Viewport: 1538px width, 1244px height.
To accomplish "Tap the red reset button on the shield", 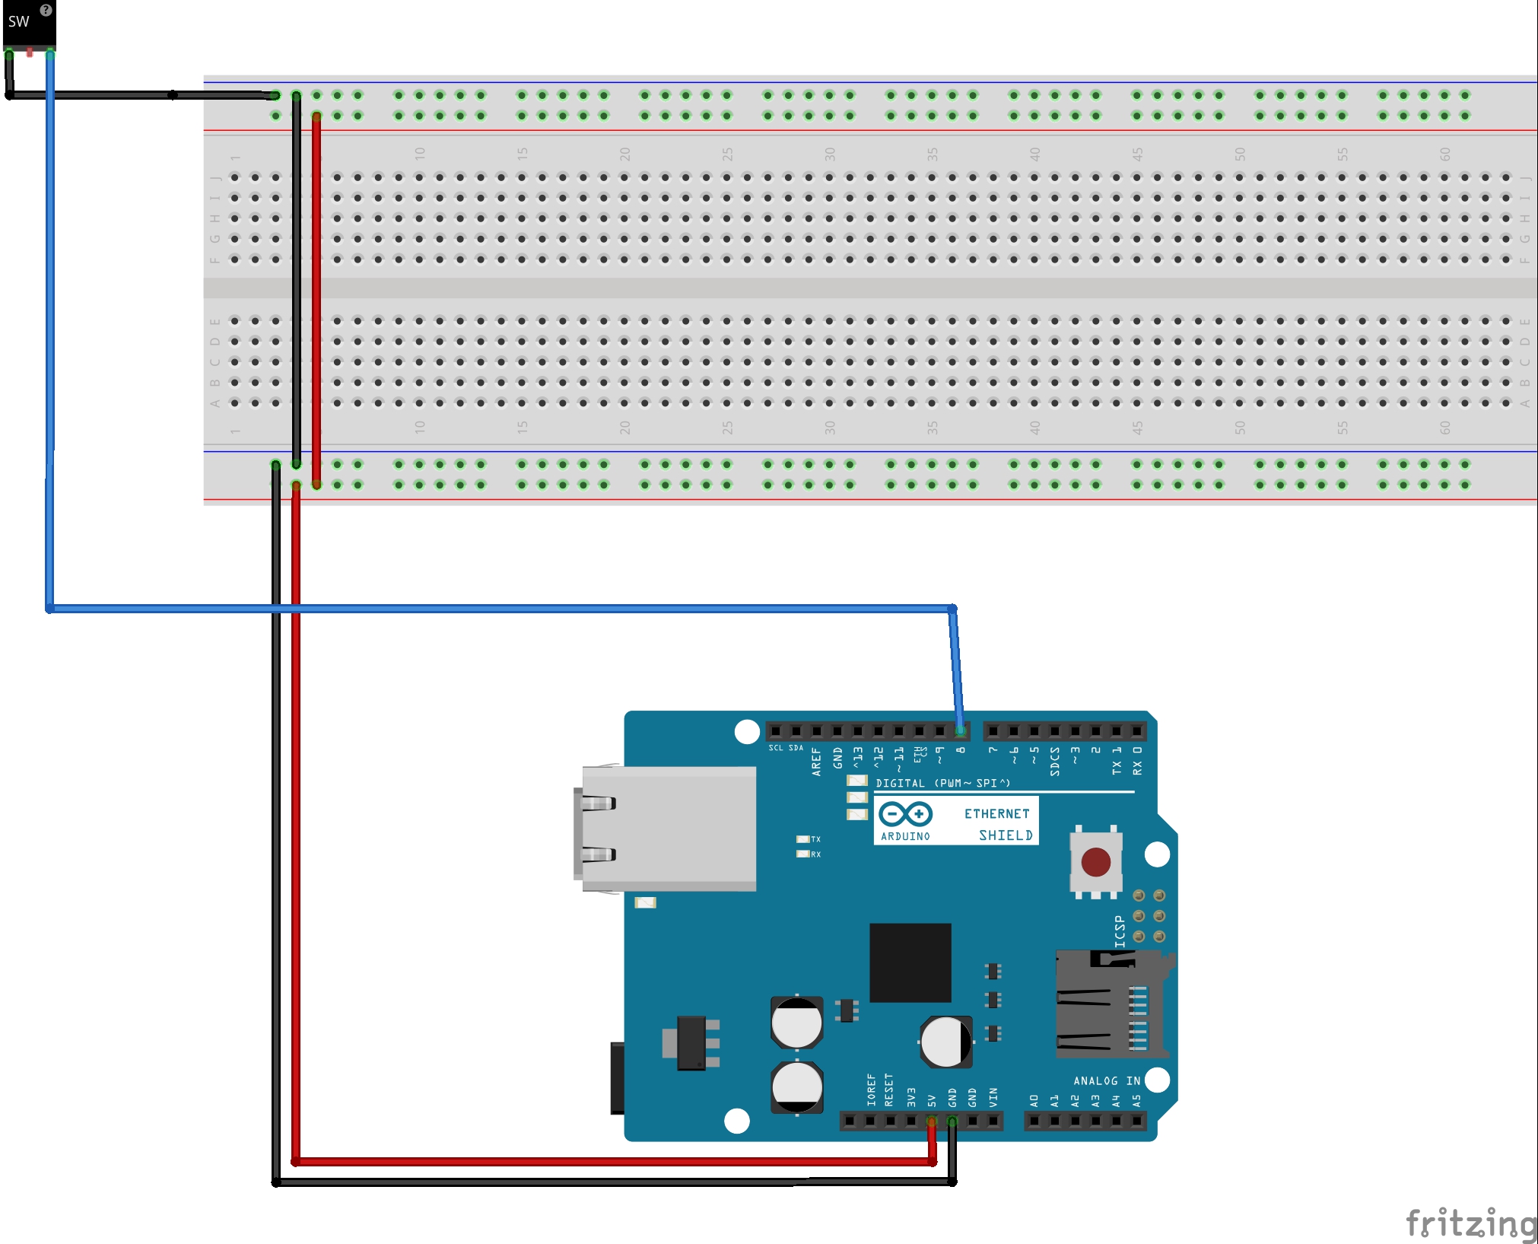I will click(x=1095, y=862).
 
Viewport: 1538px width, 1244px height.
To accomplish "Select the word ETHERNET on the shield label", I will click(x=996, y=813).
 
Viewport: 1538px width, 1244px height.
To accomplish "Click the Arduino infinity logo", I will click(x=905, y=814).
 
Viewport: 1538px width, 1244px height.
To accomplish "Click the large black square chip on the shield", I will click(x=910, y=962).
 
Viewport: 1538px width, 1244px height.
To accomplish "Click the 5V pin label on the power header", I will click(x=932, y=1100).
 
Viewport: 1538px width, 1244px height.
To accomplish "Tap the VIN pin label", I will click(x=993, y=1097).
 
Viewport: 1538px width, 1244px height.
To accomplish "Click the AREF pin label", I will click(x=816, y=761).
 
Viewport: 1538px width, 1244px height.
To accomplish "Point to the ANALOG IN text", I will click(x=1106, y=1080).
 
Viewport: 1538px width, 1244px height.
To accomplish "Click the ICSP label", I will click(x=1119, y=931).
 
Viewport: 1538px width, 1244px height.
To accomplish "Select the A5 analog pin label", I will click(x=1136, y=1100).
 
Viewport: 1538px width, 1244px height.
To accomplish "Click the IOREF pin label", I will click(x=871, y=1090).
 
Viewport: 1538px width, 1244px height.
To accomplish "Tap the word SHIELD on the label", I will click(x=1006, y=835).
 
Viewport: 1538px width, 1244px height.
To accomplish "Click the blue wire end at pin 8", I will click(x=961, y=730).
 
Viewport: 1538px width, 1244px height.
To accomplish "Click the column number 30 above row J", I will click(x=829, y=154).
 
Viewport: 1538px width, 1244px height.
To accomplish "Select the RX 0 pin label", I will click(x=1137, y=760).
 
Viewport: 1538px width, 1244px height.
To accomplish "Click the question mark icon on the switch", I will click(x=46, y=10).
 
